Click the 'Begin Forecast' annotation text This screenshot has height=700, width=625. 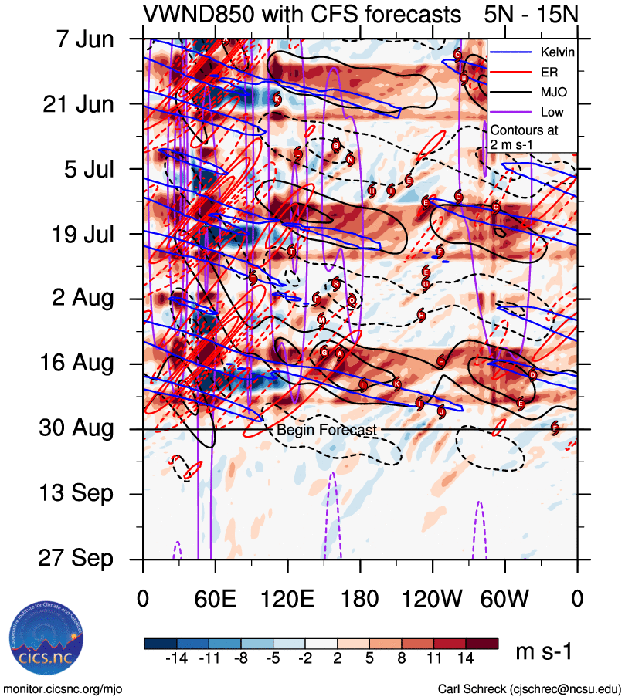click(x=327, y=430)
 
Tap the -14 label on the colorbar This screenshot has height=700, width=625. click(x=178, y=658)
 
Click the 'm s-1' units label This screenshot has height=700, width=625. click(x=544, y=652)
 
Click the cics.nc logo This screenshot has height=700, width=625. click(x=46, y=644)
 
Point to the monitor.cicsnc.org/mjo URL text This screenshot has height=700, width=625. click(x=63, y=689)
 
